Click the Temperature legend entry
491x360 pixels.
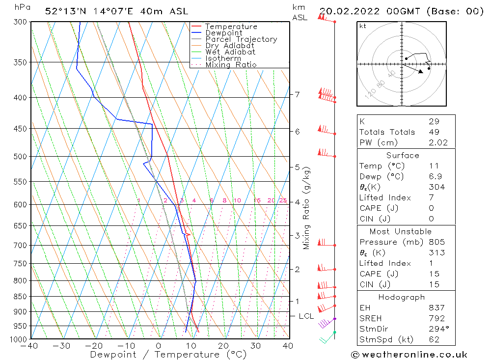click(x=231, y=27)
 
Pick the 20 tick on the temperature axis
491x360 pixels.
click(x=223, y=346)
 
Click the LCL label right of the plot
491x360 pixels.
click(x=306, y=316)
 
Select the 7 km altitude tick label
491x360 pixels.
click(x=298, y=94)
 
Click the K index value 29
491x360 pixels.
click(x=434, y=121)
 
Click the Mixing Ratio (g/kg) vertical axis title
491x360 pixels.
click(x=307, y=208)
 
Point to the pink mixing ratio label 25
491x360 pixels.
click(x=283, y=200)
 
